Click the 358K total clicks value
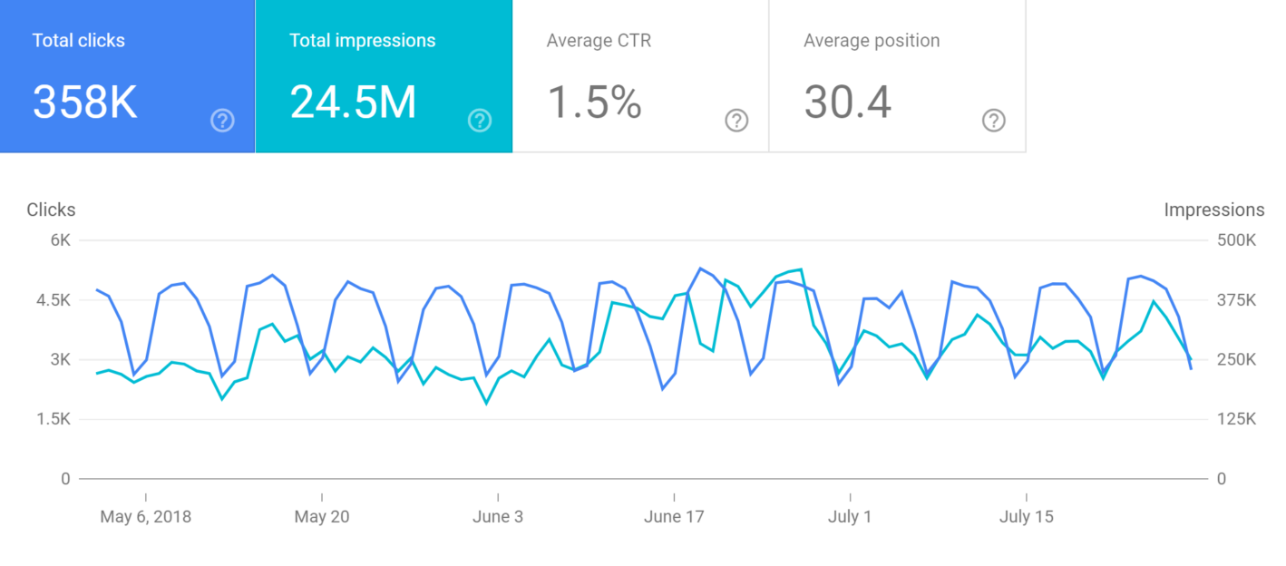(x=85, y=102)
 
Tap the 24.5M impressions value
(x=353, y=102)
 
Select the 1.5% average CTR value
(x=594, y=102)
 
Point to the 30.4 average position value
(x=847, y=102)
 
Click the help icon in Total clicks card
(x=222, y=121)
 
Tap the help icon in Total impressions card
(x=480, y=121)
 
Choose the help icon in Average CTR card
(x=736, y=121)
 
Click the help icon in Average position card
(x=994, y=121)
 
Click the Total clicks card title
(x=79, y=41)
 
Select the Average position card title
(x=871, y=41)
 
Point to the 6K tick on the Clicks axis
(x=61, y=240)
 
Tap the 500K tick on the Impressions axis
(x=1235, y=240)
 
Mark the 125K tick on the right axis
(x=1235, y=419)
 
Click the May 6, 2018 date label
(x=146, y=517)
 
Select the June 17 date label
(x=674, y=517)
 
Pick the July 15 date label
(x=1027, y=517)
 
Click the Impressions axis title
(x=1213, y=210)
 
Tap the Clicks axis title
(x=51, y=210)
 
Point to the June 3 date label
(x=498, y=517)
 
